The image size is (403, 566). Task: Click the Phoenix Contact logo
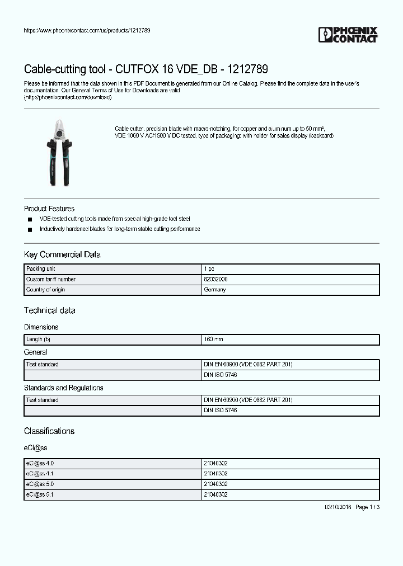[348, 35]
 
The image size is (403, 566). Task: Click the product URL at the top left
[87, 30]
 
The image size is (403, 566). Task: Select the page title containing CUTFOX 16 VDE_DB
[146, 69]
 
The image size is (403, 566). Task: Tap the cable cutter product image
[59, 152]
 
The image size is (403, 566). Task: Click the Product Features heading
[49, 209]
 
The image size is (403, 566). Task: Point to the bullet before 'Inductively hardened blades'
[30, 229]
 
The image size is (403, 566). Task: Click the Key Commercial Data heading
[62, 254]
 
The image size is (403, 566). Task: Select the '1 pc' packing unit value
[209, 269]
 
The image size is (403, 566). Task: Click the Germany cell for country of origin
[215, 290]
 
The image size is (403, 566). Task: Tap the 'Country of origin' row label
[48, 290]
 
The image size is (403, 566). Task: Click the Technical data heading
[49, 310]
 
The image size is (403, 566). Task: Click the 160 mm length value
[213, 339]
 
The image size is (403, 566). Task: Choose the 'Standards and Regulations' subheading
[63, 388]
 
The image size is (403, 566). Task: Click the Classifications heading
[49, 431]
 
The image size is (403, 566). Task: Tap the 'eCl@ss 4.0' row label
[40, 463]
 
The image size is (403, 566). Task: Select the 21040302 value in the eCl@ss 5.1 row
[215, 494]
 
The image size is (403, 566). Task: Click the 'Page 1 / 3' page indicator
[368, 507]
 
